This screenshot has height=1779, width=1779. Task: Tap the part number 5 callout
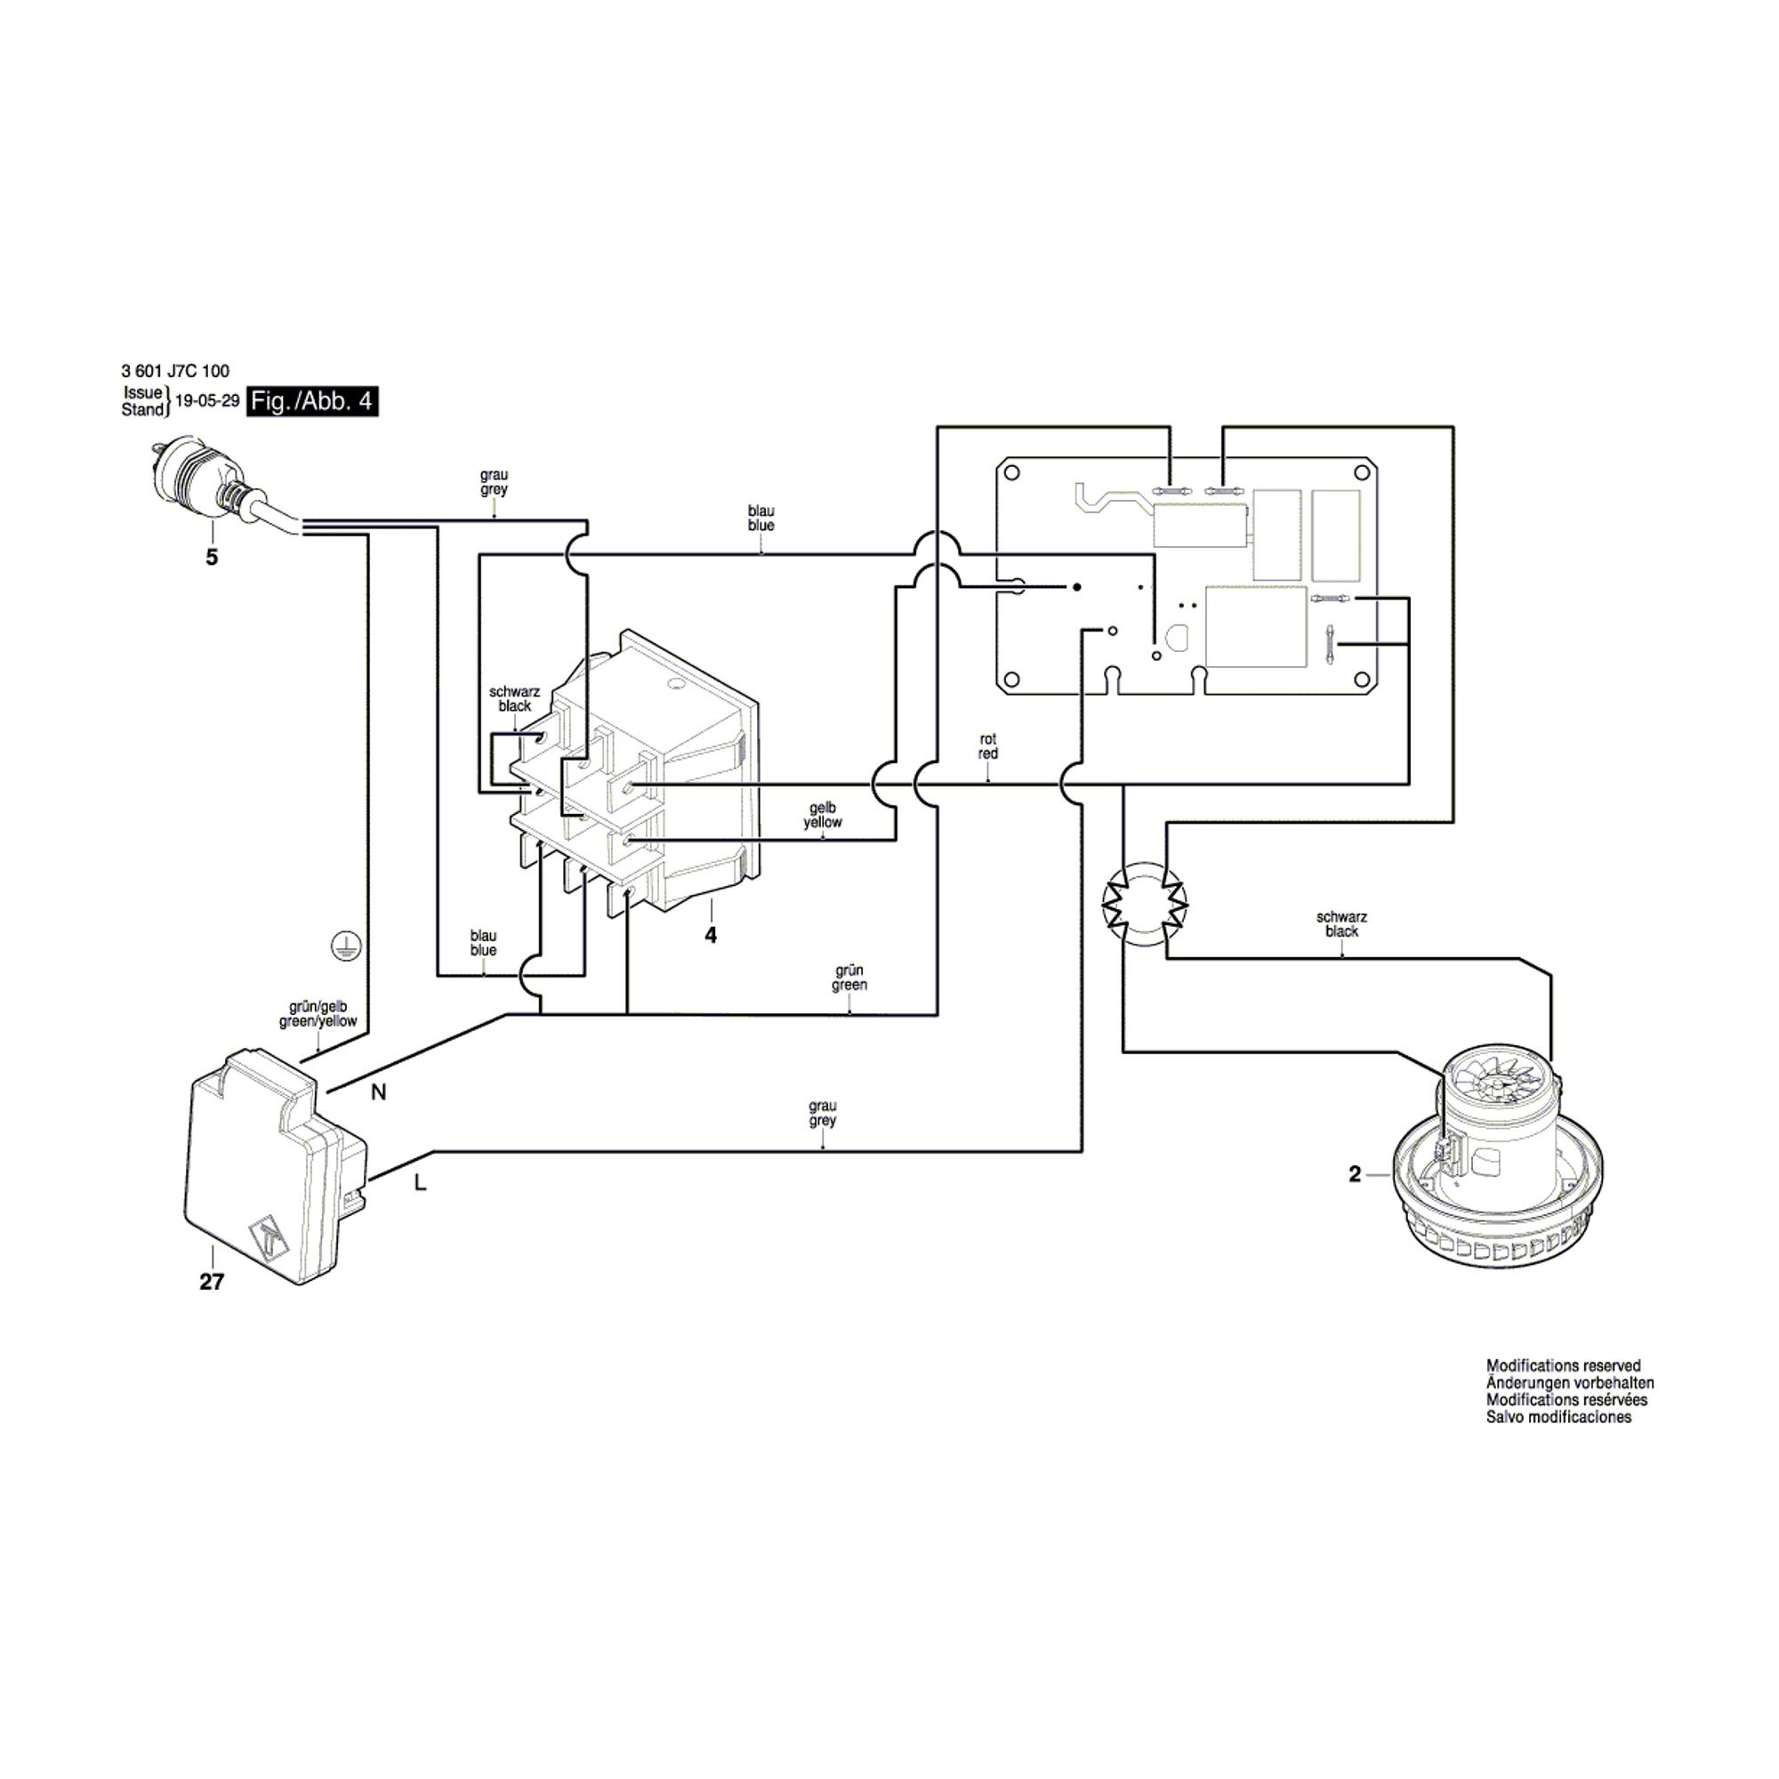[212, 557]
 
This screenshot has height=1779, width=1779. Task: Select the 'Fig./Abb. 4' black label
[313, 402]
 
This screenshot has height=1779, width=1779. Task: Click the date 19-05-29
[207, 401]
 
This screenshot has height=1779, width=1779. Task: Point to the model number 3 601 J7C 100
[175, 371]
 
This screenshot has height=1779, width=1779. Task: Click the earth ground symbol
[346, 946]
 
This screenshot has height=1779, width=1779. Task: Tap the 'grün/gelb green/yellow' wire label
[318, 1014]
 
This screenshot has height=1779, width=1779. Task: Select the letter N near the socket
[378, 1092]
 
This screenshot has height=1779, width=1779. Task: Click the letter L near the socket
[421, 1184]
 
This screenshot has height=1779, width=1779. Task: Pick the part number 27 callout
[212, 1281]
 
